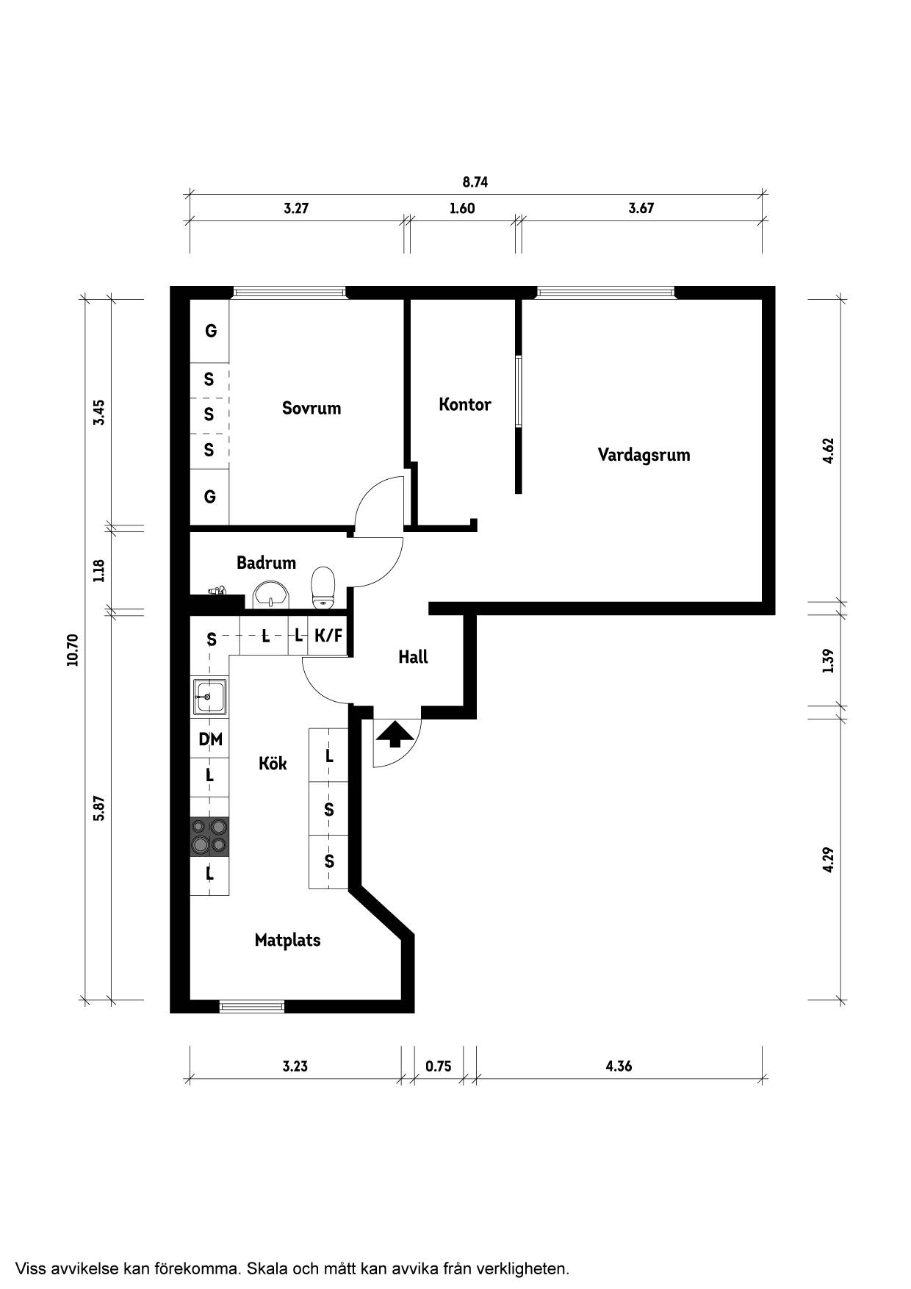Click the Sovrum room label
[x=312, y=408]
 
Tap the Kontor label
[x=465, y=404]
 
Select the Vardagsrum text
[x=644, y=454]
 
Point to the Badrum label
[x=266, y=563]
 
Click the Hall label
[x=413, y=657]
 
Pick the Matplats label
[x=287, y=940]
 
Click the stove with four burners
[x=209, y=836]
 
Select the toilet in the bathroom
[x=323, y=588]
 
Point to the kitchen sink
[x=210, y=696]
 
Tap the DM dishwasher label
[x=210, y=739]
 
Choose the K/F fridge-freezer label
[x=328, y=636]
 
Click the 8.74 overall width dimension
[x=475, y=182]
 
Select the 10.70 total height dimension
[x=72, y=650]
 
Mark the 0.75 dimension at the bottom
[x=439, y=1066]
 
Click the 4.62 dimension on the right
[x=829, y=450]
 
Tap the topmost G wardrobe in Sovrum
[x=210, y=331]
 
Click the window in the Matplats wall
[x=252, y=1006]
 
